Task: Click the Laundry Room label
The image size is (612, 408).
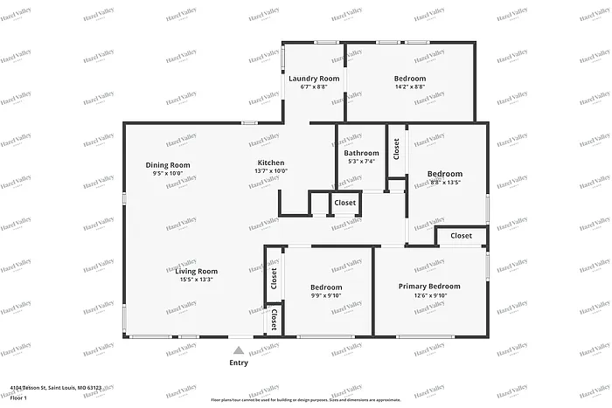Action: [314, 79]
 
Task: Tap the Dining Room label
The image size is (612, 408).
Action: [168, 165]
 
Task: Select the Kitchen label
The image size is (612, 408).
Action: [271, 163]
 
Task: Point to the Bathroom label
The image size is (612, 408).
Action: [361, 153]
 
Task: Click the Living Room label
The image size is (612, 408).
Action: [196, 271]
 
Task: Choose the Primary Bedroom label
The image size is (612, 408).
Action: [429, 286]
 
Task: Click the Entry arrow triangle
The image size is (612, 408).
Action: [239, 349]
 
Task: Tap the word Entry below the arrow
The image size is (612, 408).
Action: [239, 363]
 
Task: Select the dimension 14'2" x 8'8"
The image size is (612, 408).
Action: [409, 87]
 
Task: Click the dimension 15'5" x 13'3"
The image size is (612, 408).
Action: [196, 280]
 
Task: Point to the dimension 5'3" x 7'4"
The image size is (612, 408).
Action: [361, 162]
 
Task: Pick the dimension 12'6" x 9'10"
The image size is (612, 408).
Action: [429, 295]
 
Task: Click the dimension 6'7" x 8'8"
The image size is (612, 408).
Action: [314, 87]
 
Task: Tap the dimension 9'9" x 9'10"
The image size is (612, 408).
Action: [326, 296]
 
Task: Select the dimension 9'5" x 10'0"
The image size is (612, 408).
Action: [168, 173]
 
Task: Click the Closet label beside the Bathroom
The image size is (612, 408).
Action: [395, 150]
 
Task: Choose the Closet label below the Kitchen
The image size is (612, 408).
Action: [344, 203]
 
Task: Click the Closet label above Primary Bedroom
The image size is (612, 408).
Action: [461, 236]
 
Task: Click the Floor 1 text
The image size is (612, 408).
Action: [19, 397]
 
